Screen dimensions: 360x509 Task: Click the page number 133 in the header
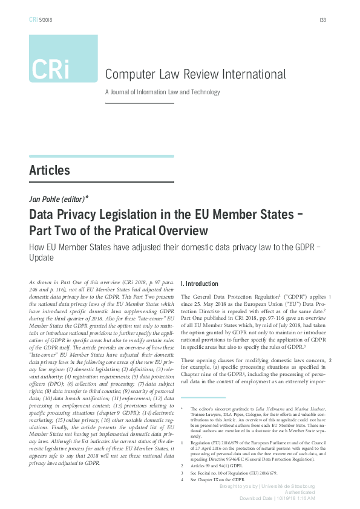click(322, 20)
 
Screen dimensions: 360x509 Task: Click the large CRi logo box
click(63, 59)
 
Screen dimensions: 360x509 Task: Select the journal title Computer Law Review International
click(195, 74)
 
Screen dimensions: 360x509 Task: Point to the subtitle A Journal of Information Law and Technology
click(162, 92)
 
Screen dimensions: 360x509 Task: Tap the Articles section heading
click(50, 170)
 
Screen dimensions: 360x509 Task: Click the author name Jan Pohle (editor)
click(59, 198)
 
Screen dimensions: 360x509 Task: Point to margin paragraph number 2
click(329, 360)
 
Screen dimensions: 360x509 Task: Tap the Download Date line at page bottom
click(284, 499)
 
